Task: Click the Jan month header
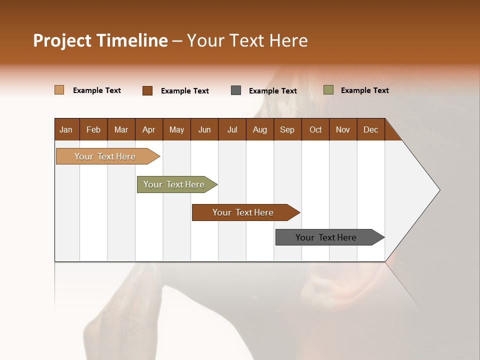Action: click(x=66, y=129)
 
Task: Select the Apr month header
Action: click(x=148, y=129)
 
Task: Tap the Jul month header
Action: click(x=232, y=129)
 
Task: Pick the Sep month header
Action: click(x=287, y=129)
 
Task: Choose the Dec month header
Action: click(x=370, y=129)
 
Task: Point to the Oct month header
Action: click(x=315, y=129)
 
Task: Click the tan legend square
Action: click(x=59, y=90)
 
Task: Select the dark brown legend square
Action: click(x=147, y=90)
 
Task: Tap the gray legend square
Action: click(x=236, y=90)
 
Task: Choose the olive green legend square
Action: click(x=328, y=90)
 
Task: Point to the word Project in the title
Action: click(x=62, y=41)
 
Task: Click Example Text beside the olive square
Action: click(x=364, y=90)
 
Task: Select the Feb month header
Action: click(x=93, y=129)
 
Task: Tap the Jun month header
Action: click(x=204, y=129)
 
